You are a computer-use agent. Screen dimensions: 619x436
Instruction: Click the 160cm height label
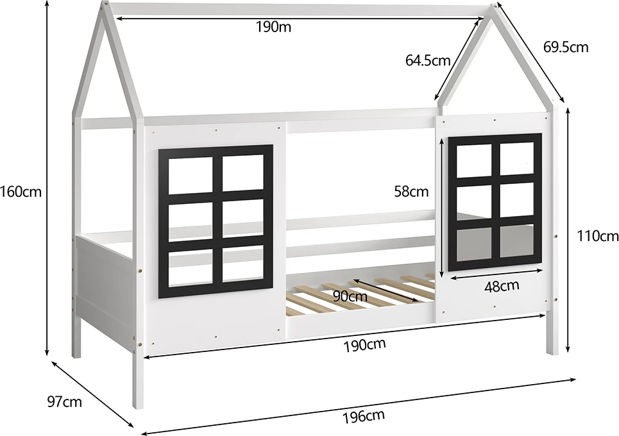point(21,192)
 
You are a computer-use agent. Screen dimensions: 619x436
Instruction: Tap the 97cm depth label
point(65,402)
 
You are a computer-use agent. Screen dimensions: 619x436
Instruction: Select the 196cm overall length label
point(363,416)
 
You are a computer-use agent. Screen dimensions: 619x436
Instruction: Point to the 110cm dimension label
point(598,236)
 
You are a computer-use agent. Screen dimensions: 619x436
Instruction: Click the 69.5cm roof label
point(566,47)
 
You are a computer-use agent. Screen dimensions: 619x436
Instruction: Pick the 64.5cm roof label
point(428,60)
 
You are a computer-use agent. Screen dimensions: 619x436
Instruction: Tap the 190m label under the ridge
point(273,27)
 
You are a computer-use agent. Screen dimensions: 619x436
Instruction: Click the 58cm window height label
point(411,191)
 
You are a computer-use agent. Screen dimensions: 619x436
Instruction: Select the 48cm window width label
point(502,286)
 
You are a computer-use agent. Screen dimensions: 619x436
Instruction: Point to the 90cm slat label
point(350,296)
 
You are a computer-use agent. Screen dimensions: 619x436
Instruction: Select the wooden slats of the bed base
point(359,292)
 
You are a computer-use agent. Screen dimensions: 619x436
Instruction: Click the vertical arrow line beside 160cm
point(47,178)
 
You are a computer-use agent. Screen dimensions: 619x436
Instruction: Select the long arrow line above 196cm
point(358,407)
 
